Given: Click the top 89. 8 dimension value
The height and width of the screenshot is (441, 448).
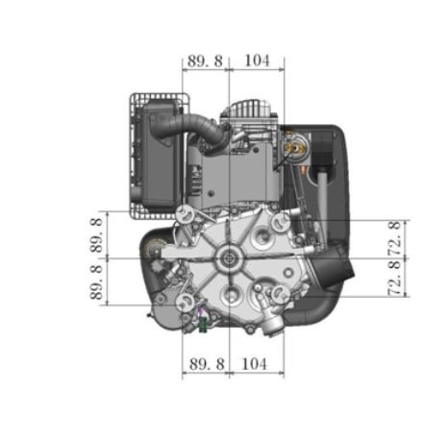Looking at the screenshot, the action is coord(205,61).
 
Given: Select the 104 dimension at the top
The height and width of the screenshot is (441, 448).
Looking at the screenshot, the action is coord(257,61).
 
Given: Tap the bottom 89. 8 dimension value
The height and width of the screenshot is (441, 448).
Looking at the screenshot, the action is coord(207,364).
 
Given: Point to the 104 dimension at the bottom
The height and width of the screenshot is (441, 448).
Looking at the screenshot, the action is coord(254,364).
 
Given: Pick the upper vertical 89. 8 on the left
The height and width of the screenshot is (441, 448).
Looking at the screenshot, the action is coord(96,235).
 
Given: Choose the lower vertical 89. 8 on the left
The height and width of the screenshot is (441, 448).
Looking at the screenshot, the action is coord(96,282).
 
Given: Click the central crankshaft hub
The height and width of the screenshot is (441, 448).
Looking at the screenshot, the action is coord(230,257).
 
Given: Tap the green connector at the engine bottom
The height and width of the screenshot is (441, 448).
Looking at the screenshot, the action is coord(203,326).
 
